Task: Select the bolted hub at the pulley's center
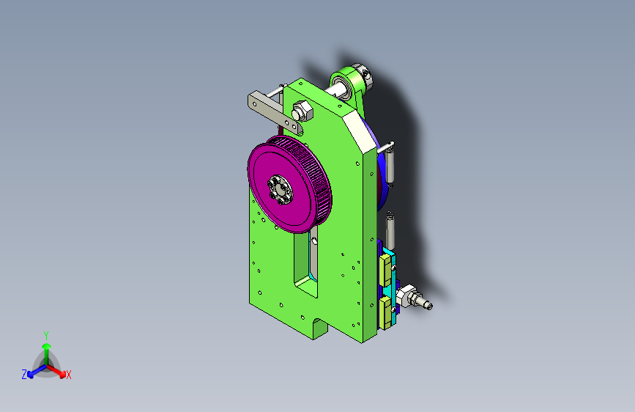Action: click(280, 190)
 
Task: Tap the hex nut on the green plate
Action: click(302, 111)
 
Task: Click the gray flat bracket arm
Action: click(274, 112)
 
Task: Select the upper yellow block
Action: click(385, 270)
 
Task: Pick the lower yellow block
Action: click(385, 312)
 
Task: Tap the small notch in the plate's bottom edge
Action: click(320, 328)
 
